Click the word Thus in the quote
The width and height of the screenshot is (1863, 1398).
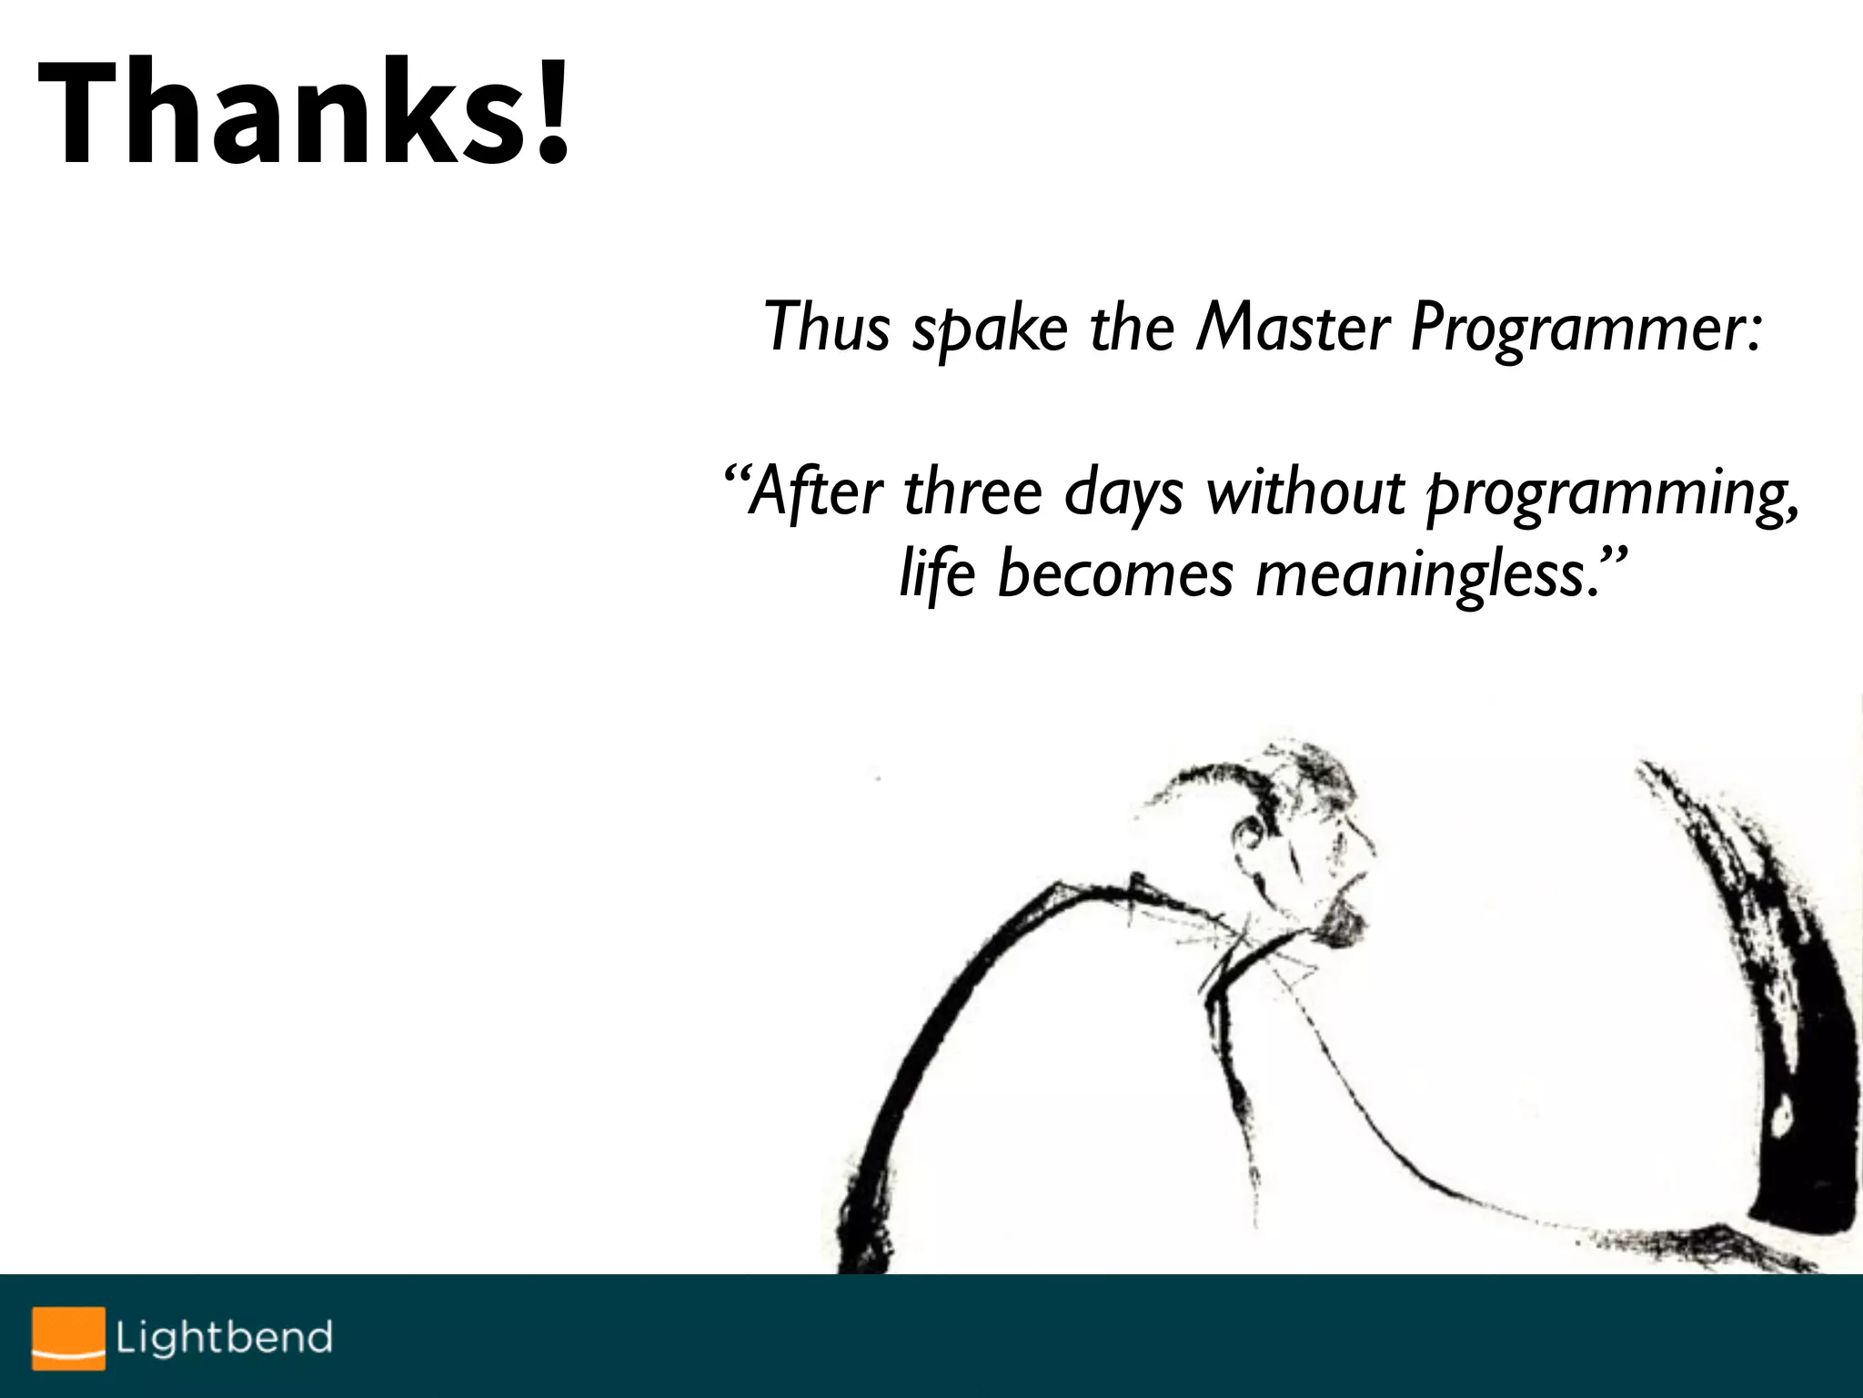(x=826, y=326)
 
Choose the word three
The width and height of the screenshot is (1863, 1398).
(x=972, y=491)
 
